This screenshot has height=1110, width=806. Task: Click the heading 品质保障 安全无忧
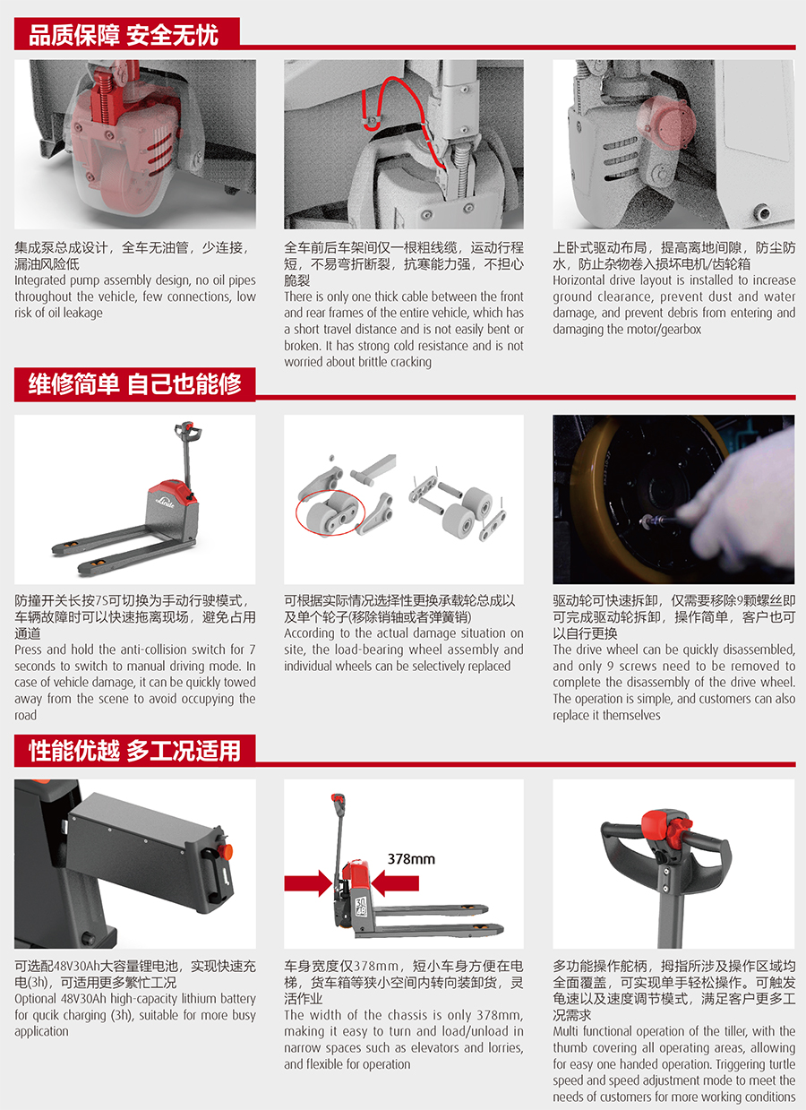tap(124, 35)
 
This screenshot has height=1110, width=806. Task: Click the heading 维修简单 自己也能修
tap(134, 384)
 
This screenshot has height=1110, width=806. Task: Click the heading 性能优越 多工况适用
tap(134, 751)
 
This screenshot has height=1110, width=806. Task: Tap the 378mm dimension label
tap(411, 859)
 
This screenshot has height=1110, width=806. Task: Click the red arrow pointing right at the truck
tap(308, 883)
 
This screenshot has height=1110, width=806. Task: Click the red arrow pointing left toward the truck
tap(395, 883)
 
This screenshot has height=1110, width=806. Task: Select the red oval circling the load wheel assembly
tap(330, 513)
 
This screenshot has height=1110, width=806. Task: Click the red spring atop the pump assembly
tap(106, 97)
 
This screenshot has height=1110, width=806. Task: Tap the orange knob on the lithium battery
tap(226, 852)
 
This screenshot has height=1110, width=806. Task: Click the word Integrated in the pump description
tap(40, 281)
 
